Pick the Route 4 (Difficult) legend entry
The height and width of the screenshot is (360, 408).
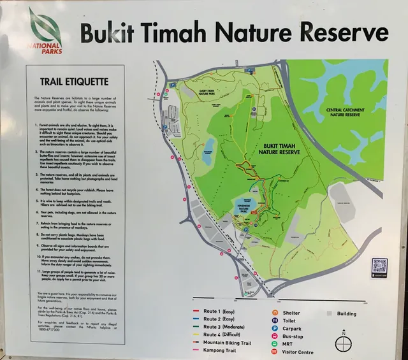(224, 335)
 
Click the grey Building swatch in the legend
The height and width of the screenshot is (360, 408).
(330, 313)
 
